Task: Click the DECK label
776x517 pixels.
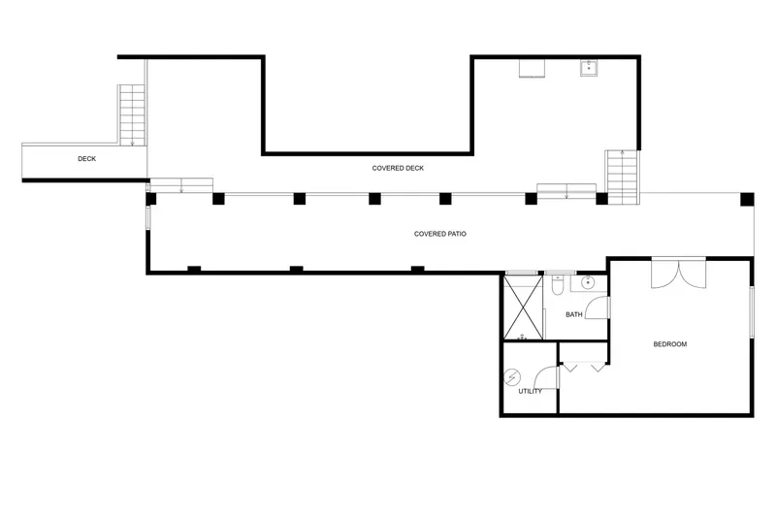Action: click(x=86, y=159)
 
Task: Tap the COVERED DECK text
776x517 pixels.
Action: click(x=398, y=168)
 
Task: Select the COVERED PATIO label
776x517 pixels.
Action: click(x=440, y=234)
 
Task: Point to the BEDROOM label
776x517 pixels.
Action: click(x=670, y=344)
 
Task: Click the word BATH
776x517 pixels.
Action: click(x=574, y=314)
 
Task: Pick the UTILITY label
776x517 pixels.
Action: click(x=530, y=391)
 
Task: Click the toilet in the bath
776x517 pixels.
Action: click(x=558, y=284)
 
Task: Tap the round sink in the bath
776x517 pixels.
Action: click(x=588, y=282)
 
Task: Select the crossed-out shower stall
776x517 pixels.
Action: click(x=523, y=307)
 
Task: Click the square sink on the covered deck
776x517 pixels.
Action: click(x=589, y=68)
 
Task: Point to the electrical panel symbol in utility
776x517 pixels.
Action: click(x=512, y=377)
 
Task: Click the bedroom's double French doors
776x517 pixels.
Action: click(x=678, y=274)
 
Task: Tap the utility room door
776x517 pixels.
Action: click(x=546, y=377)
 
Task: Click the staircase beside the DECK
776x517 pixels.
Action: click(x=132, y=114)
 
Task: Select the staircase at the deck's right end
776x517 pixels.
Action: click(x=622, y=177)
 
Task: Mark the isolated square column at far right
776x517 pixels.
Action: click(x=747, y=200)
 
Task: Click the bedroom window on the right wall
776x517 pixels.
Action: click(x=751, y=312)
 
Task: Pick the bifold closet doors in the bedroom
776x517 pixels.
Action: click(x=585, y=367)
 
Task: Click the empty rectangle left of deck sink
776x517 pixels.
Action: click(x=532, y=68)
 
